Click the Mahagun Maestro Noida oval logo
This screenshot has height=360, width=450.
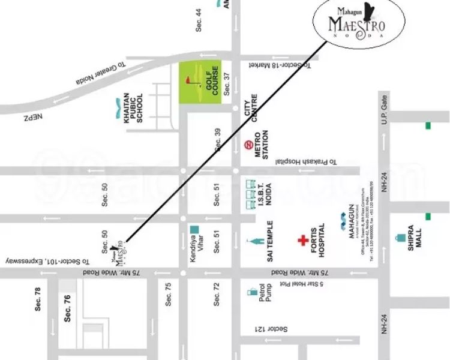point(358,22)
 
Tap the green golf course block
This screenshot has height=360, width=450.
point(201,82)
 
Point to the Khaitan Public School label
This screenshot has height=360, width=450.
point(133,108)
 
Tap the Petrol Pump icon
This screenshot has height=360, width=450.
point(251,293)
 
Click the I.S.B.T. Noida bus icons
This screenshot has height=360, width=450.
point(250,196)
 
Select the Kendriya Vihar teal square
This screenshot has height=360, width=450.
point(194,229)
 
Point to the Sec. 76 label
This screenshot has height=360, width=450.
point(67,308)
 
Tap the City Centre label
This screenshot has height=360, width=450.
point(250,108)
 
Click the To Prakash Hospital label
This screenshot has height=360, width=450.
point(306,162)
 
